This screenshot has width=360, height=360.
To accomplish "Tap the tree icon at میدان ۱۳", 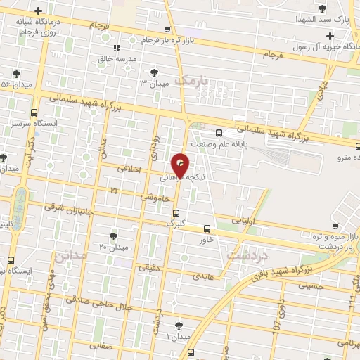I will (154, 72).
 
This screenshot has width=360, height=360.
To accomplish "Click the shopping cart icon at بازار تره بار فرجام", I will (167, 30).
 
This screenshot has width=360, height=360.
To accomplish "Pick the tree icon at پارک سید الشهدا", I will (323, 8).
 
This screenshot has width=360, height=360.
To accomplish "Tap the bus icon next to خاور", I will (207, 228).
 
